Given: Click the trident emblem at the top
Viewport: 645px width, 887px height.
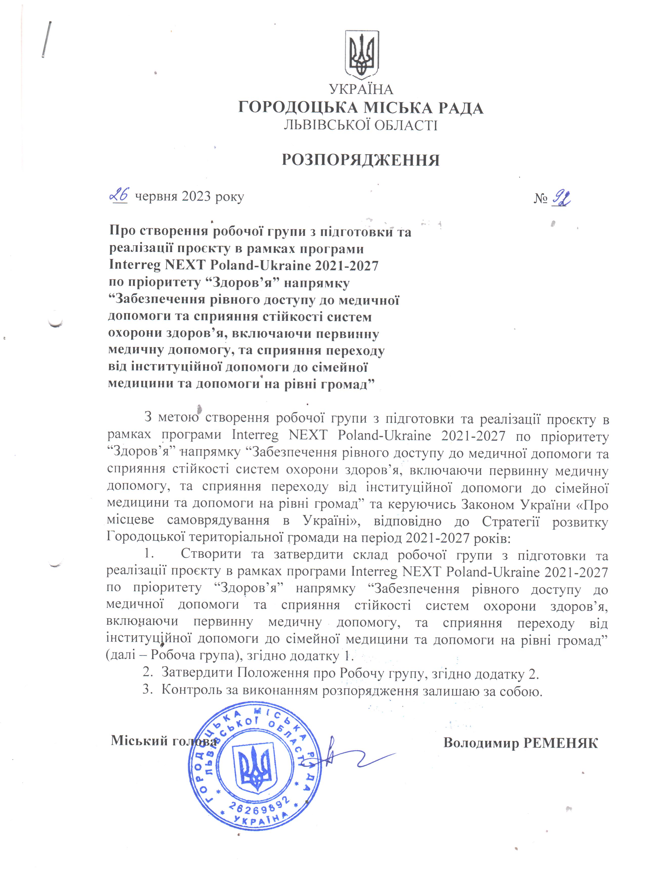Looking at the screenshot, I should pos(361,55).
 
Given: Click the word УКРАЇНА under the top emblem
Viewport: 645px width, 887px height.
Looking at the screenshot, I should pos(361,90).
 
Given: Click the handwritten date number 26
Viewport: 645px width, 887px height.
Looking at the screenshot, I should pos(119,195).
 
